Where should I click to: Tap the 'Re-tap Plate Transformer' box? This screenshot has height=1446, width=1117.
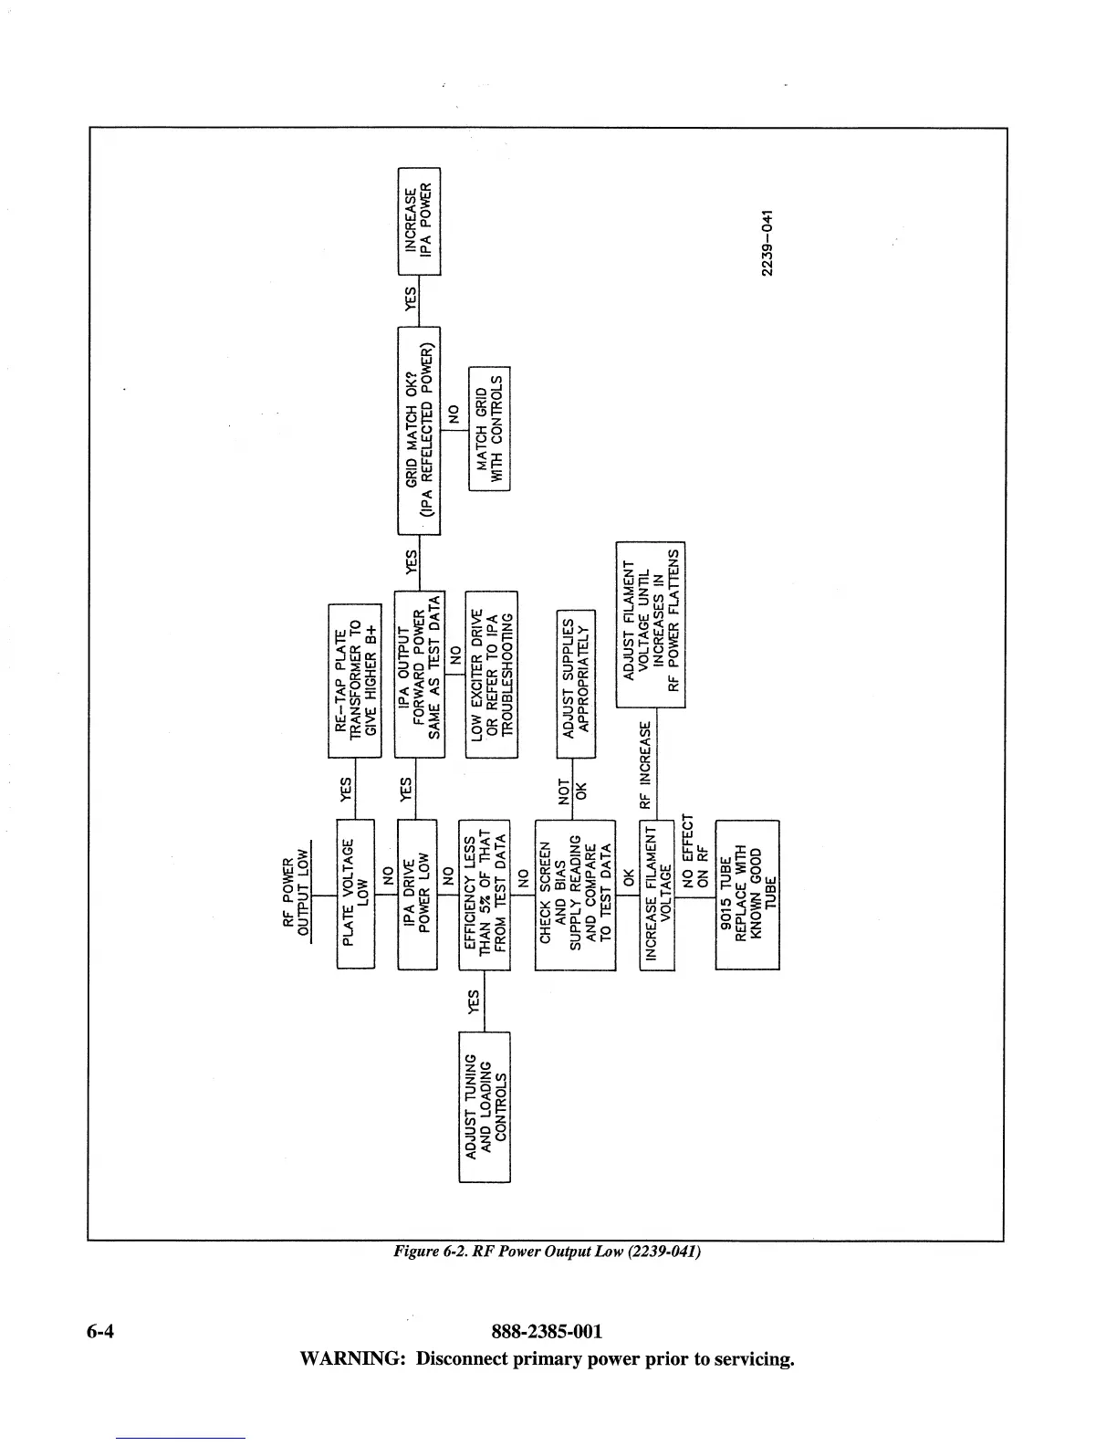(354, 680)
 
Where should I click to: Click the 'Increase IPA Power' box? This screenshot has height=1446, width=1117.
(420, 221)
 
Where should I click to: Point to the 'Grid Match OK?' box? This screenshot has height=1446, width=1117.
(419, 430)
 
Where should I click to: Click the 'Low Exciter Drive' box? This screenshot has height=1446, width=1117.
(492, 674)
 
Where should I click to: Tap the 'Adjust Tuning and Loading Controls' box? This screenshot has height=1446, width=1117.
(485, 1106)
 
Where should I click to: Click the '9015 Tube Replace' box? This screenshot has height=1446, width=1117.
(747, 894)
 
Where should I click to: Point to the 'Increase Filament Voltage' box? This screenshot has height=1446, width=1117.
(657, 894)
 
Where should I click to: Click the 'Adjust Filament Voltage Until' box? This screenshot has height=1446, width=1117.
(651, 624)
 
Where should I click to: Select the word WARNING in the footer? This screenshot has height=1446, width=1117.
(352, 1359)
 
